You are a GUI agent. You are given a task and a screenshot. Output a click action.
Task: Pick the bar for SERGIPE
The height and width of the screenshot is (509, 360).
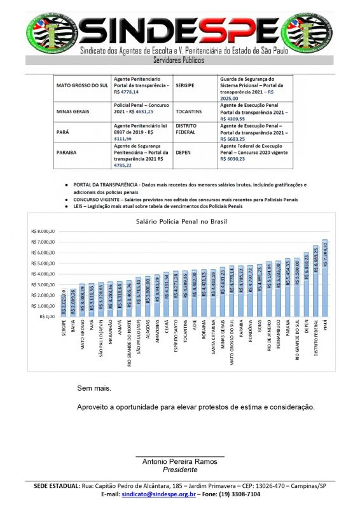tap(63, 305)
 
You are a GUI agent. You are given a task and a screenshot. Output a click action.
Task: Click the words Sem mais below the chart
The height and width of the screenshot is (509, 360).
tap(93, 387)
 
